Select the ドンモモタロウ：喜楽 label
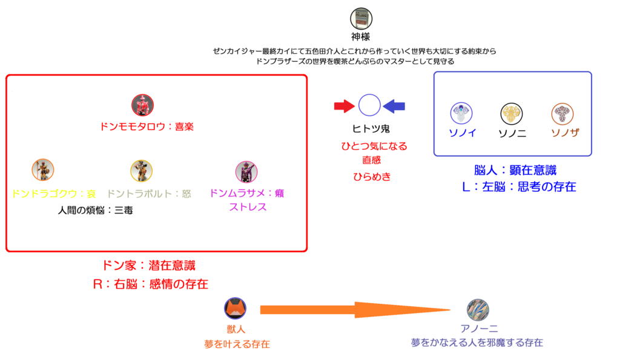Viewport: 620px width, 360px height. pyautogui.click(x=147, y=127)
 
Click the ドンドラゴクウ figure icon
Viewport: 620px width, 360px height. pyautogui.click(x=43, y=171)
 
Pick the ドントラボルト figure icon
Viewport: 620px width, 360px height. pyautogui.click(x=141, y=171)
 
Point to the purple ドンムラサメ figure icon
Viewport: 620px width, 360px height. pyautogui.click(x=246, y=171)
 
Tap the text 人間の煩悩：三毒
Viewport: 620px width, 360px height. pyautogui.click(x=96, y=211)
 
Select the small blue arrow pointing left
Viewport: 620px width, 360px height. pyautogui.click(x=394, y=106)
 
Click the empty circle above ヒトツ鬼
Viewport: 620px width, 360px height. pyautogui.click(x=369, y=106)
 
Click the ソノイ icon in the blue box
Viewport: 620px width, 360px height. pyautogui.click(x=461, y=114)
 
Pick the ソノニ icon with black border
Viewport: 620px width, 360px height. pyautogui.click(x=512, y=114)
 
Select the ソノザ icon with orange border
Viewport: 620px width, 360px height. pyautogui.click(x=562, y=114)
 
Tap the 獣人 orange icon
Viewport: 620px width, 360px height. pyautogui.click(x=235, y=309)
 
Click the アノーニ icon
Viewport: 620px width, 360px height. pyautogui.click(x=478, y=310)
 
